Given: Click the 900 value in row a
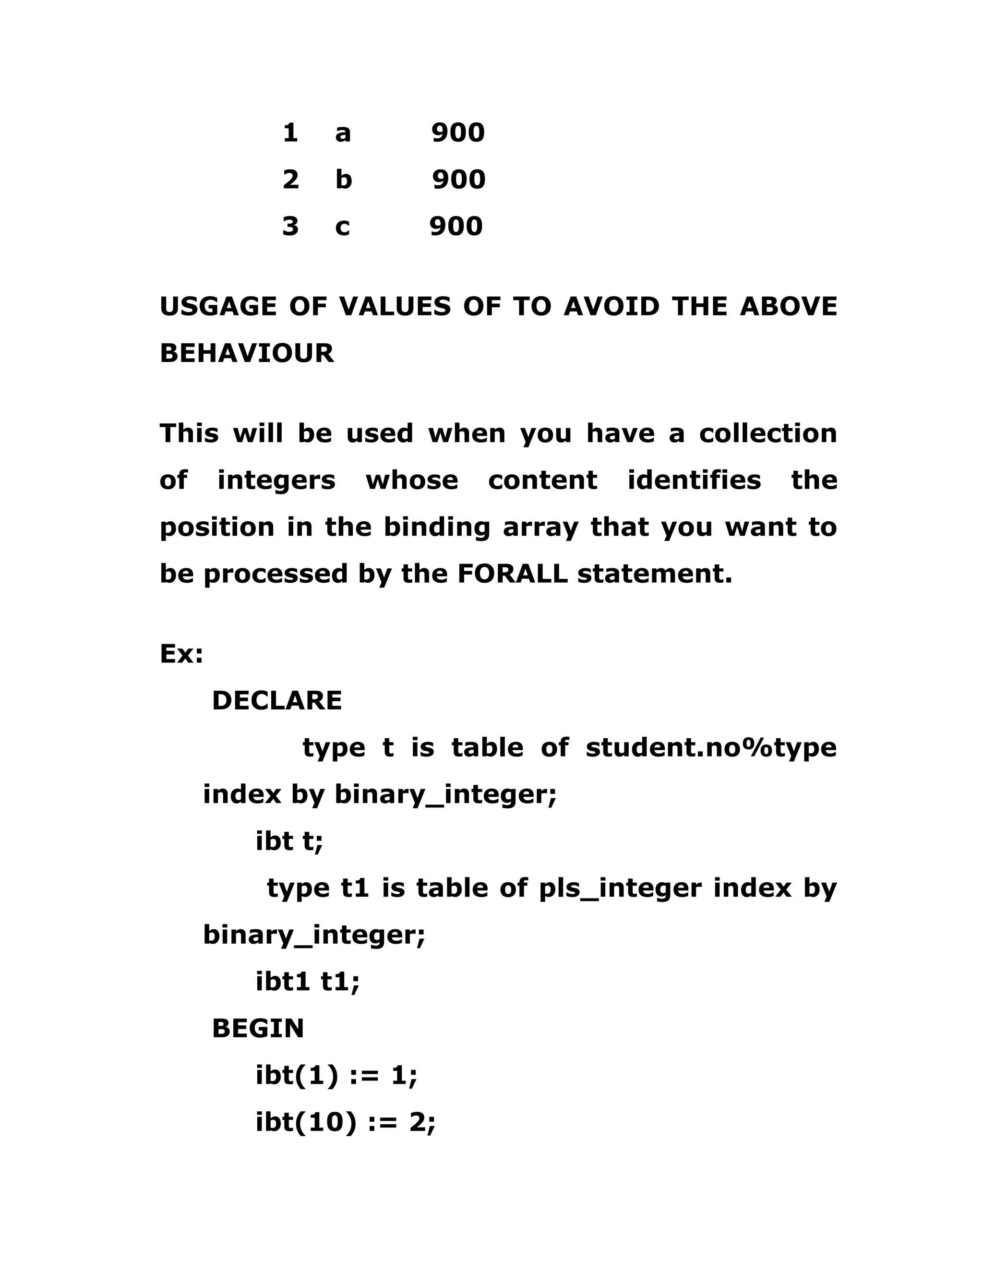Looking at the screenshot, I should pos(458,133).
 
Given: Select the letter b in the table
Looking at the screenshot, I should pos(344,180).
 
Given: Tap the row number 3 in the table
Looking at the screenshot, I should pos(290,226).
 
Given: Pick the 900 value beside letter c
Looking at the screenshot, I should pos(456,226).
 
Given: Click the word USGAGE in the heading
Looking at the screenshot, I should pos(218,307).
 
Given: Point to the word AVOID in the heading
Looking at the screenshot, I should pos(611,307).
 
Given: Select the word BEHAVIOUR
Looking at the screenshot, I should pos(247,353).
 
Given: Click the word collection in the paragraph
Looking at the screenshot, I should pos(767,433).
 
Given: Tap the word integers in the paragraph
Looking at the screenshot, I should pos(276,480).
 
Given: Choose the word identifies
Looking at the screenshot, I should pos(694,480).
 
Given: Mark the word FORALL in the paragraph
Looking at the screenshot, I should pos(512,574).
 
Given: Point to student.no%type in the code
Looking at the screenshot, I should pos(710,747).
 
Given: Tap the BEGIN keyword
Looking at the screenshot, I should pos(258,1029).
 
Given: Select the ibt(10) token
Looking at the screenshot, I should pos(306,1122).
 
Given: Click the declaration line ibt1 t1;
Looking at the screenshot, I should pos(308,982).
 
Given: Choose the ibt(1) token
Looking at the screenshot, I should pos(297,1075).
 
